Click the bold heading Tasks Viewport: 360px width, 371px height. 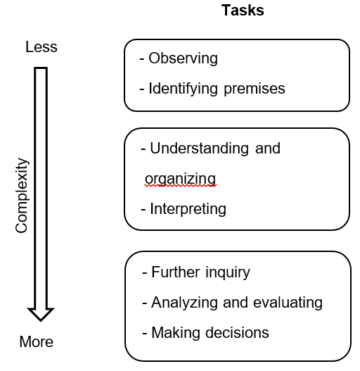click(243, 11)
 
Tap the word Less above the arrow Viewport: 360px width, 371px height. click(41, 46)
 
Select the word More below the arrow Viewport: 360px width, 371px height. click(37, 341)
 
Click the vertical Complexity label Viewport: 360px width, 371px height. click(22, 195)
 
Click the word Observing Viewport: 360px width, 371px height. click(184, 58)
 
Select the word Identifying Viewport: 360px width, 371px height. click(183, 89)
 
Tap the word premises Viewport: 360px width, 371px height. click(255, 89)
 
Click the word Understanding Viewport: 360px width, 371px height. click(199, 149)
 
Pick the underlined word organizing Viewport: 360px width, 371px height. click(181, 179)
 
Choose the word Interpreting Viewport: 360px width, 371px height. click(188, 209)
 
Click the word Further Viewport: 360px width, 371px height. click(175, 272)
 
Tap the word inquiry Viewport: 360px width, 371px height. click(228, 272)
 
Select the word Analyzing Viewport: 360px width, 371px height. click(184, 303)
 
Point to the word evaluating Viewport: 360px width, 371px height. click(288, 303)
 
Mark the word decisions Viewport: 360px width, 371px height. click(237, 333)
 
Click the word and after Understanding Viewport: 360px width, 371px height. click(268, 149)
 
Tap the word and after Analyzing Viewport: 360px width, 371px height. click(235, 303)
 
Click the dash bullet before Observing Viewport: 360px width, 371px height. click(142, 59)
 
